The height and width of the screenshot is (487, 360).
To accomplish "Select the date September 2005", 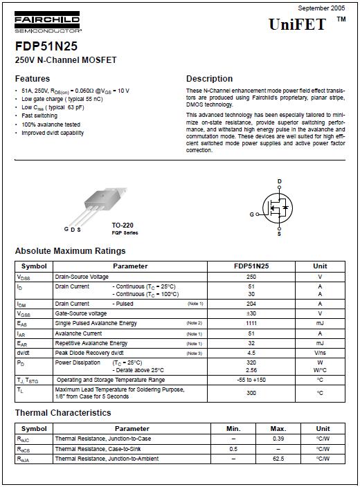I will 321,7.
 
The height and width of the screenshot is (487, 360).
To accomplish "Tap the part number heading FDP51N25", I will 46,46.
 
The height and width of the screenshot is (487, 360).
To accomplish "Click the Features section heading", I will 33,79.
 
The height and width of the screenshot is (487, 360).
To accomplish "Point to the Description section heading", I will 209,79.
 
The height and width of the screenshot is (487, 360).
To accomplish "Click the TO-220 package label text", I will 123,226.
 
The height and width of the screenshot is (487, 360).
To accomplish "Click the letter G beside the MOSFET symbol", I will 252,214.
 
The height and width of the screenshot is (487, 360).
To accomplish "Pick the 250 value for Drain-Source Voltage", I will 251,277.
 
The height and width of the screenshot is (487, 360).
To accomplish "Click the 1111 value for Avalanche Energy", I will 251,323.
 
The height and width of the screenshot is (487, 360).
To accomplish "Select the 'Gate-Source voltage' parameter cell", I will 81,313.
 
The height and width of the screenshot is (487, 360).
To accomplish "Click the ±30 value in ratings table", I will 251,313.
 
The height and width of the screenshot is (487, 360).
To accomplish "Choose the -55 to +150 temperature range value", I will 251,380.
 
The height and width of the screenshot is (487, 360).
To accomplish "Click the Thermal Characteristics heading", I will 63,413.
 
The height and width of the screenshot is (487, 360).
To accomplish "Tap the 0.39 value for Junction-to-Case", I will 278,439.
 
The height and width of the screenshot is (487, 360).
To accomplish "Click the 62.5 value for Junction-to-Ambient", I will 278,459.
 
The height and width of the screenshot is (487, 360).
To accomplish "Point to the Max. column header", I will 278,429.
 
